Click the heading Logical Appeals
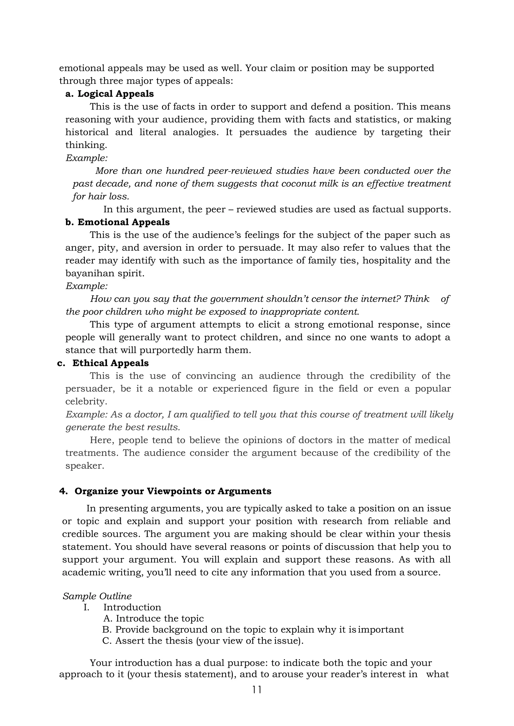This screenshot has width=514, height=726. coord(115,94)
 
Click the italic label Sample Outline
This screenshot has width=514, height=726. coord(97,596)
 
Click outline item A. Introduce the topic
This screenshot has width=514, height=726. coord(154,618)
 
